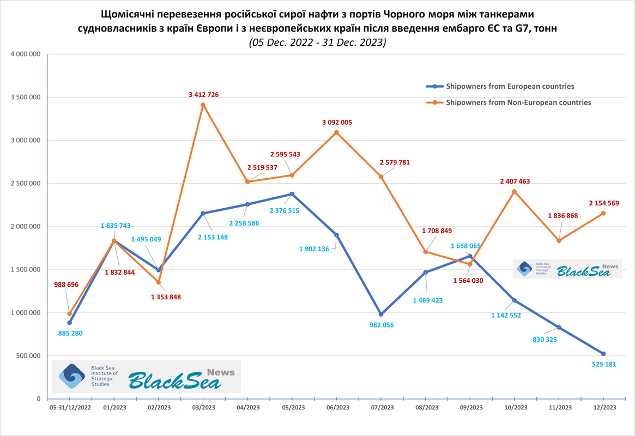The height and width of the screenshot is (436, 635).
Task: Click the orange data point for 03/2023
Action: coord(203,105)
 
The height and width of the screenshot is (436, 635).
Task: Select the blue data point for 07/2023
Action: coord(381,314)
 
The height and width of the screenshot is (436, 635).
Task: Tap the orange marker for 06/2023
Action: coord(336,132)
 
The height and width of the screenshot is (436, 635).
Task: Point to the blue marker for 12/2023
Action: coord(603,354)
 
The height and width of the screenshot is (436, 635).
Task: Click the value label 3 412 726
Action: coord(204,95)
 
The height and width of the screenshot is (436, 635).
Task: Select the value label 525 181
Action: coord(603,364)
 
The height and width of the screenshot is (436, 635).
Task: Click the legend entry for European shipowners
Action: coord(510,86)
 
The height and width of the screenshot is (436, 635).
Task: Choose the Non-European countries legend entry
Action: coord(518,102)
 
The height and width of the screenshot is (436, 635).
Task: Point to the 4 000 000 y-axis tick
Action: coord(23,55)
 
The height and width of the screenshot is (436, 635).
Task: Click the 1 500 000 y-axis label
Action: coord(23,270)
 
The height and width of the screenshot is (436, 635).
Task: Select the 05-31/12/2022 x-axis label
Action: coord(70,407)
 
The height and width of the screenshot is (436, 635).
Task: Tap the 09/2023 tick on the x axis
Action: coord(470,407)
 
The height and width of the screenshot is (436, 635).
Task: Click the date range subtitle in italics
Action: coord(317,43)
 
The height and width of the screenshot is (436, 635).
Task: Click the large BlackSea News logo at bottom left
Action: coord(146,377)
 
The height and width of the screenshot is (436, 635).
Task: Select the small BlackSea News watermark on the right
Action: coord(567,269)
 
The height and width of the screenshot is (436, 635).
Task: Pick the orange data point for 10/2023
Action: coord(514,191)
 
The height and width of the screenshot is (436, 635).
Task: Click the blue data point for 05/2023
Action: coord(292,194)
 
